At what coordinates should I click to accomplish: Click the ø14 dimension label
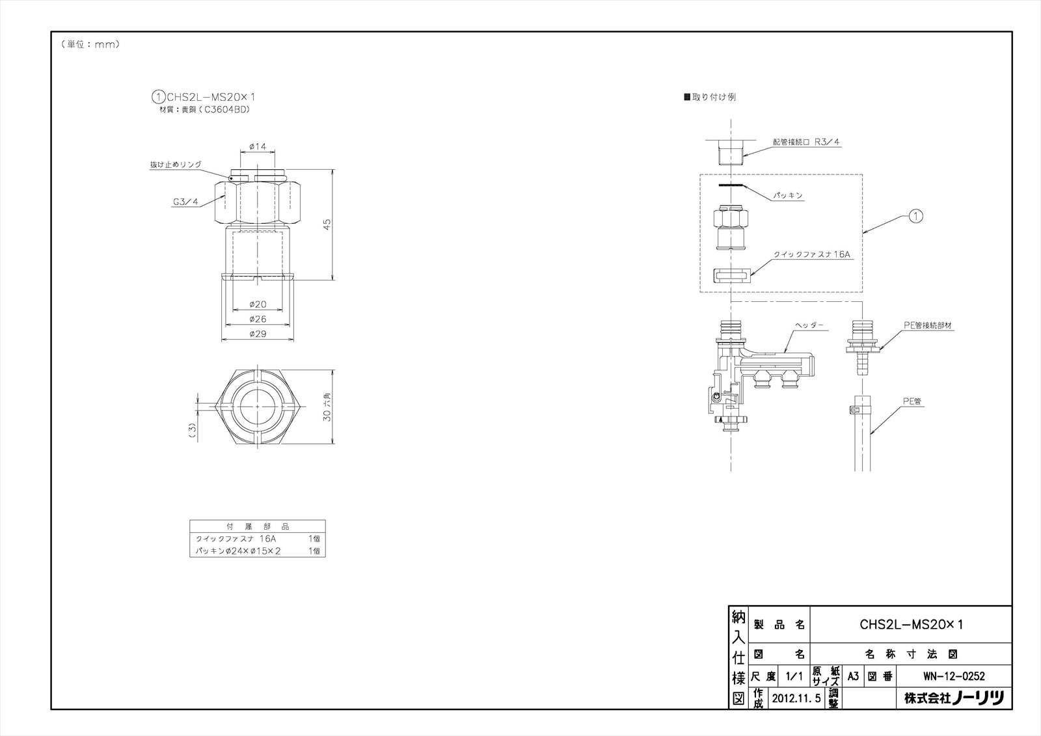(x=258, y=147)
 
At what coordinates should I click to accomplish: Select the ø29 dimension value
(x=258, y=334)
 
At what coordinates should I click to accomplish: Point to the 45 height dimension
(x=329, y=223)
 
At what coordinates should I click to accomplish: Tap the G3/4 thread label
(x=185, y=202)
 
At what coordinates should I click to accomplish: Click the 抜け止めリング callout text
(x=176, y=165)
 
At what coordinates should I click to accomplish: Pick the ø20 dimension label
(x=258, y=304)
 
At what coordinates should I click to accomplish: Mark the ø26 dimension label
(x=258, y=319)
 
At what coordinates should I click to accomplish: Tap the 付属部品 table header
(x=257, y=526)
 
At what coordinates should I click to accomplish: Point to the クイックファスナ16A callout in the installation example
(x=812, y=255)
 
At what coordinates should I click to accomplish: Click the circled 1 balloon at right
(x=915, y=216)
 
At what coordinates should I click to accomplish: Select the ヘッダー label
(x=809, y=324)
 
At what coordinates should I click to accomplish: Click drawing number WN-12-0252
(x=954, y=676)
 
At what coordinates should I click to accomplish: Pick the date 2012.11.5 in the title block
(x=797, y=700)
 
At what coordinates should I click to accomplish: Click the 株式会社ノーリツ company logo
(x=954, y=700)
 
